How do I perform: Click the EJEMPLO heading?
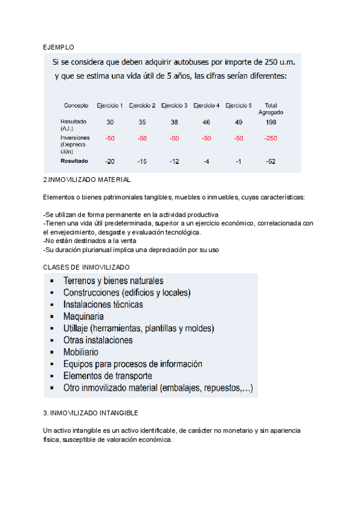coord(59,46)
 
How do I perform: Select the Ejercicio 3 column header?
coord(174,106)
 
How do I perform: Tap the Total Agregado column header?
coord(271,109)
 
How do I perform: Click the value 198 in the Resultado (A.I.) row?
coord(271,122)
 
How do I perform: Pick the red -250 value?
coord(271,139)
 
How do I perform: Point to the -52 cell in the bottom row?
coord(271,161)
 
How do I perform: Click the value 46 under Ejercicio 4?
coord(206,122)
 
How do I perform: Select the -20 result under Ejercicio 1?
coord(110,161)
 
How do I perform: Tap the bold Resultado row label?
coord(74,161)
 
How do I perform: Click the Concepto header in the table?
coord(76,106)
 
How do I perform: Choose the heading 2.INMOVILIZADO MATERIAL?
coord(86,179)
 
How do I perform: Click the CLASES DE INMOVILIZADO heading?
coord(86,267)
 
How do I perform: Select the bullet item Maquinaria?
coord(83,316)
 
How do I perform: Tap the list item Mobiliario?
coord(81,352)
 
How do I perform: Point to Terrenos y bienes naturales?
coord(113,280)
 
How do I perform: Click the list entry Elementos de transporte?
coord(107,376)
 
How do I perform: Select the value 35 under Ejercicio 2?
coord(142,122)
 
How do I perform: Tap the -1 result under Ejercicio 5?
coord(238,161)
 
